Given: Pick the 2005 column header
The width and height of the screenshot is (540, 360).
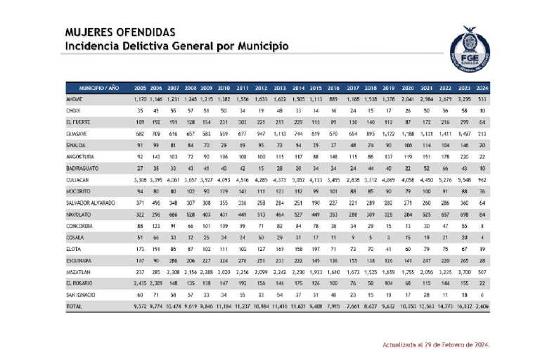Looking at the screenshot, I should [141, 88].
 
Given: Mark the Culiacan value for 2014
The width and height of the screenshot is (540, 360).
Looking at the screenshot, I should [297, 181].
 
